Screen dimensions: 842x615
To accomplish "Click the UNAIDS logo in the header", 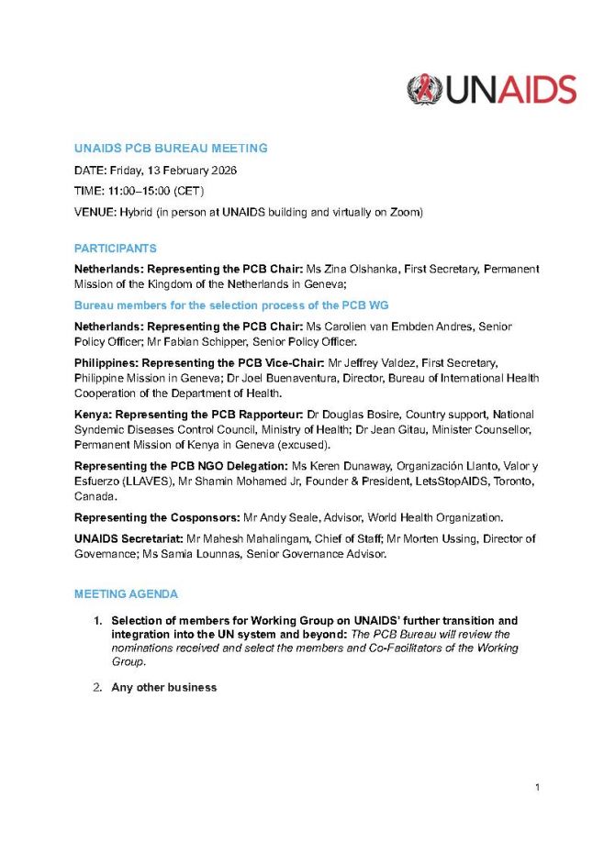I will click(491, 90).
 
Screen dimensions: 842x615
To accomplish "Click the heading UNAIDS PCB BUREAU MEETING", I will click(171, 149).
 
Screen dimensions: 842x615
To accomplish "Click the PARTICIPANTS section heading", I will click(115, 249).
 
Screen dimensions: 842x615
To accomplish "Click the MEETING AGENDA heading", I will click(126, 594).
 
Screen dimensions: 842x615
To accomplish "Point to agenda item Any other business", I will click(164, 687).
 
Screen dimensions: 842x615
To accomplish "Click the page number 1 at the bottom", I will click(537, 788).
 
